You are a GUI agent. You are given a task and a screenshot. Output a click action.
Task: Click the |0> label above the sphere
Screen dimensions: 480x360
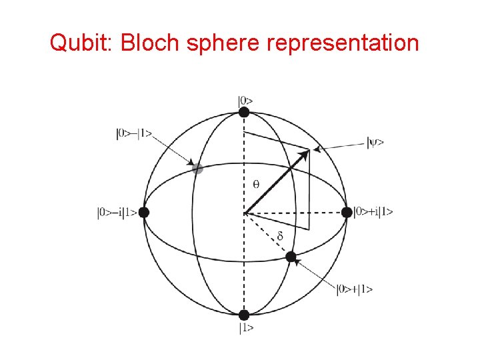pyautogui.click(x=245, y=101)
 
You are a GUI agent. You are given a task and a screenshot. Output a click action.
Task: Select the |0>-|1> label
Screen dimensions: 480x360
pyautogui.click(x=134, y=133)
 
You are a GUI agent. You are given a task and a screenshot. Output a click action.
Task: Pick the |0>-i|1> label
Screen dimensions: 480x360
pyautogui.click(x=117, y=213)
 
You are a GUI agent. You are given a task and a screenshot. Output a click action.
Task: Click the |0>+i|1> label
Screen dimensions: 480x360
pyautogui.click(x=373, y=212)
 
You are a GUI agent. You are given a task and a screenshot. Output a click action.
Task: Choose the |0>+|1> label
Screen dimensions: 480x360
pyautogui.click(x=355, y=289)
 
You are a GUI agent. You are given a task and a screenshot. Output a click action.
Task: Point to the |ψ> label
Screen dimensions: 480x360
pyautogui.click(x=375, y=141)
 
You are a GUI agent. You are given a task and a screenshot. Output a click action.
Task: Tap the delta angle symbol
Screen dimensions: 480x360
pyautogui.click(x=280, y=236)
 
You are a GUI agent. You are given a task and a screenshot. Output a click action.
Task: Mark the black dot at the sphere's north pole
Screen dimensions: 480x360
pyautogui.click(x=244, y=112)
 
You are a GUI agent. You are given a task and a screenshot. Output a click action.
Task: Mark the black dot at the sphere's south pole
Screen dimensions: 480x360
pyautogui.click(x=244, y=315)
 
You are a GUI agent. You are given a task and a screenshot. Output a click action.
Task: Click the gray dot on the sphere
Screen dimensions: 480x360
pyautogui.click(x=197, y=169)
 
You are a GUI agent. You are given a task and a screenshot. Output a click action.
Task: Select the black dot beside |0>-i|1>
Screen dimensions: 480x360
pyautogui.click(x=144, y=213)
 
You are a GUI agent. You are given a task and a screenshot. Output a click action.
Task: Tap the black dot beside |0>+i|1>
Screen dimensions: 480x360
pyautogui.click(x=347, y=212)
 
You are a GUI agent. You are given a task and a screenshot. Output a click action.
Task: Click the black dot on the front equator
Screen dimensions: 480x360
pyautogui.click(x=291, y=257)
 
